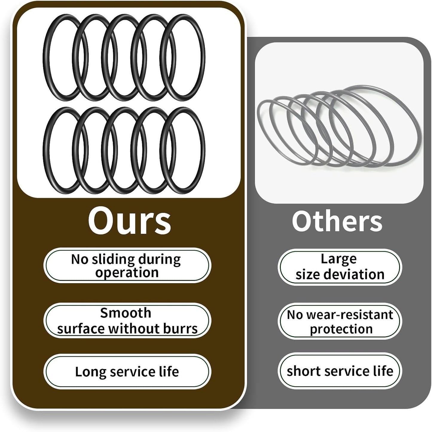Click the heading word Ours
tap(129, 221)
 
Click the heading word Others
tap(337, 222)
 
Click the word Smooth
tap(126, 313)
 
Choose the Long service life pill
tap(127, 371)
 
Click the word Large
tap(338, 260)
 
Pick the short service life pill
tap(340, 371)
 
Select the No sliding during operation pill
tap(127, 265)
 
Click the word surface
tap(81, 329)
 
